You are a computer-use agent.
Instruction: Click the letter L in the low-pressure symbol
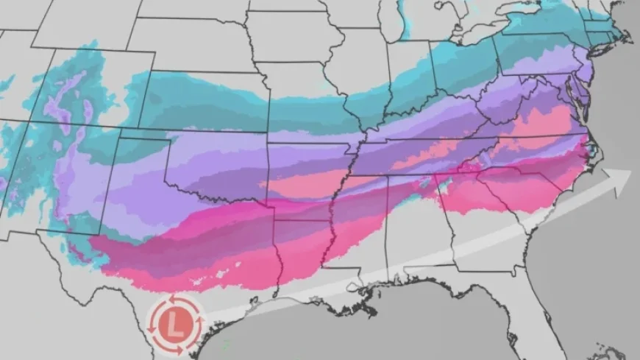coord(174,324)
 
